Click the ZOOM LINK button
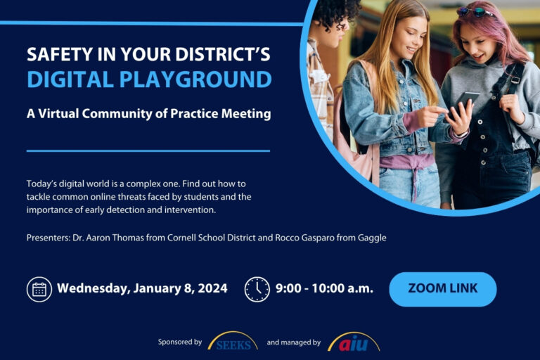point(442,288)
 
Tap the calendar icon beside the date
point(39,289)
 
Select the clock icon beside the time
point(257,289)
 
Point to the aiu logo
point(353,342)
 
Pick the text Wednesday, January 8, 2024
point(142,288)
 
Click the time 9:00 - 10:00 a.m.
point(324,288)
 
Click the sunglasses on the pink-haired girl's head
point(475,11)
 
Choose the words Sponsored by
point(180,342)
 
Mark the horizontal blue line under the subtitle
point(148,150)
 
